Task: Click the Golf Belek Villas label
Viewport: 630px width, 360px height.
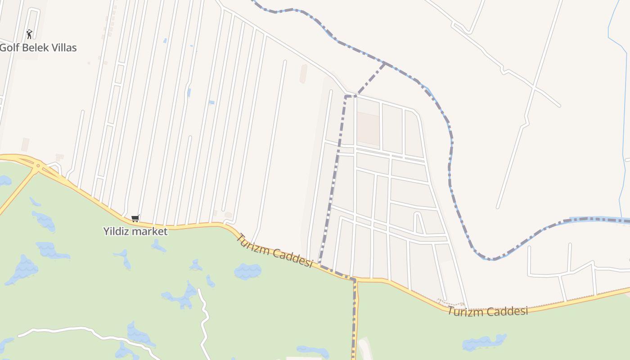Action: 38,48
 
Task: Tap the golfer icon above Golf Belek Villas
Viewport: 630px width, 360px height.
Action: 29,34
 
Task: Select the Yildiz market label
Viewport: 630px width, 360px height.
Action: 135,231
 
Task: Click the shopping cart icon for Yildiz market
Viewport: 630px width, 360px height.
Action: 135,219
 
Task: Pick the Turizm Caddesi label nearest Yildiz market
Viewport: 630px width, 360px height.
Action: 274,250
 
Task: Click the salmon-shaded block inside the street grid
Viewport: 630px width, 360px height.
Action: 368,129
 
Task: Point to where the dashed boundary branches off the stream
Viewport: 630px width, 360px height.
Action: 385,63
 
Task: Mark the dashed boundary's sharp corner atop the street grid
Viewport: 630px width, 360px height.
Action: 346,96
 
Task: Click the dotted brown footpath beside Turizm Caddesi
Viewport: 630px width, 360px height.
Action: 450,303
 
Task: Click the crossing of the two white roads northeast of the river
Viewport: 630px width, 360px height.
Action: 533,86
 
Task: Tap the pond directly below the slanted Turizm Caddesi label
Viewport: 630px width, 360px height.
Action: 247,271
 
